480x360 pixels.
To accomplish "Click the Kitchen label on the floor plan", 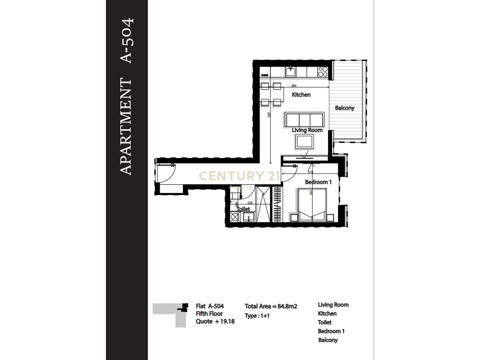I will (301, 95).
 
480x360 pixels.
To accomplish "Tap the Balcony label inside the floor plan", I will (345, 108).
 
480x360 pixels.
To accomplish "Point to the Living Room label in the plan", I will (307, 130).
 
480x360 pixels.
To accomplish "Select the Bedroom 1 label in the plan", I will (318, 182).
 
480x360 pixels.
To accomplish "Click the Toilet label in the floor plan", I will (243, 210).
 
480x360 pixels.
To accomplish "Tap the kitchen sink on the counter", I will (291, 72).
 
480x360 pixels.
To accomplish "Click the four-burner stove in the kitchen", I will (322, 72).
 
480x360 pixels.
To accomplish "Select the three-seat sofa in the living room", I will (304, 119).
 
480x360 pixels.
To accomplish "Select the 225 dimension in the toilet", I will (250, 203).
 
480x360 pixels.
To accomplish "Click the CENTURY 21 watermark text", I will (240, 176).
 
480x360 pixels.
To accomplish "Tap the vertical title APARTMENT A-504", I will (127, 96).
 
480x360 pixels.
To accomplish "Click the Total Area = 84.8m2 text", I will (271, 306).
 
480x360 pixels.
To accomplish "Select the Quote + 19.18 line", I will (215, 322).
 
